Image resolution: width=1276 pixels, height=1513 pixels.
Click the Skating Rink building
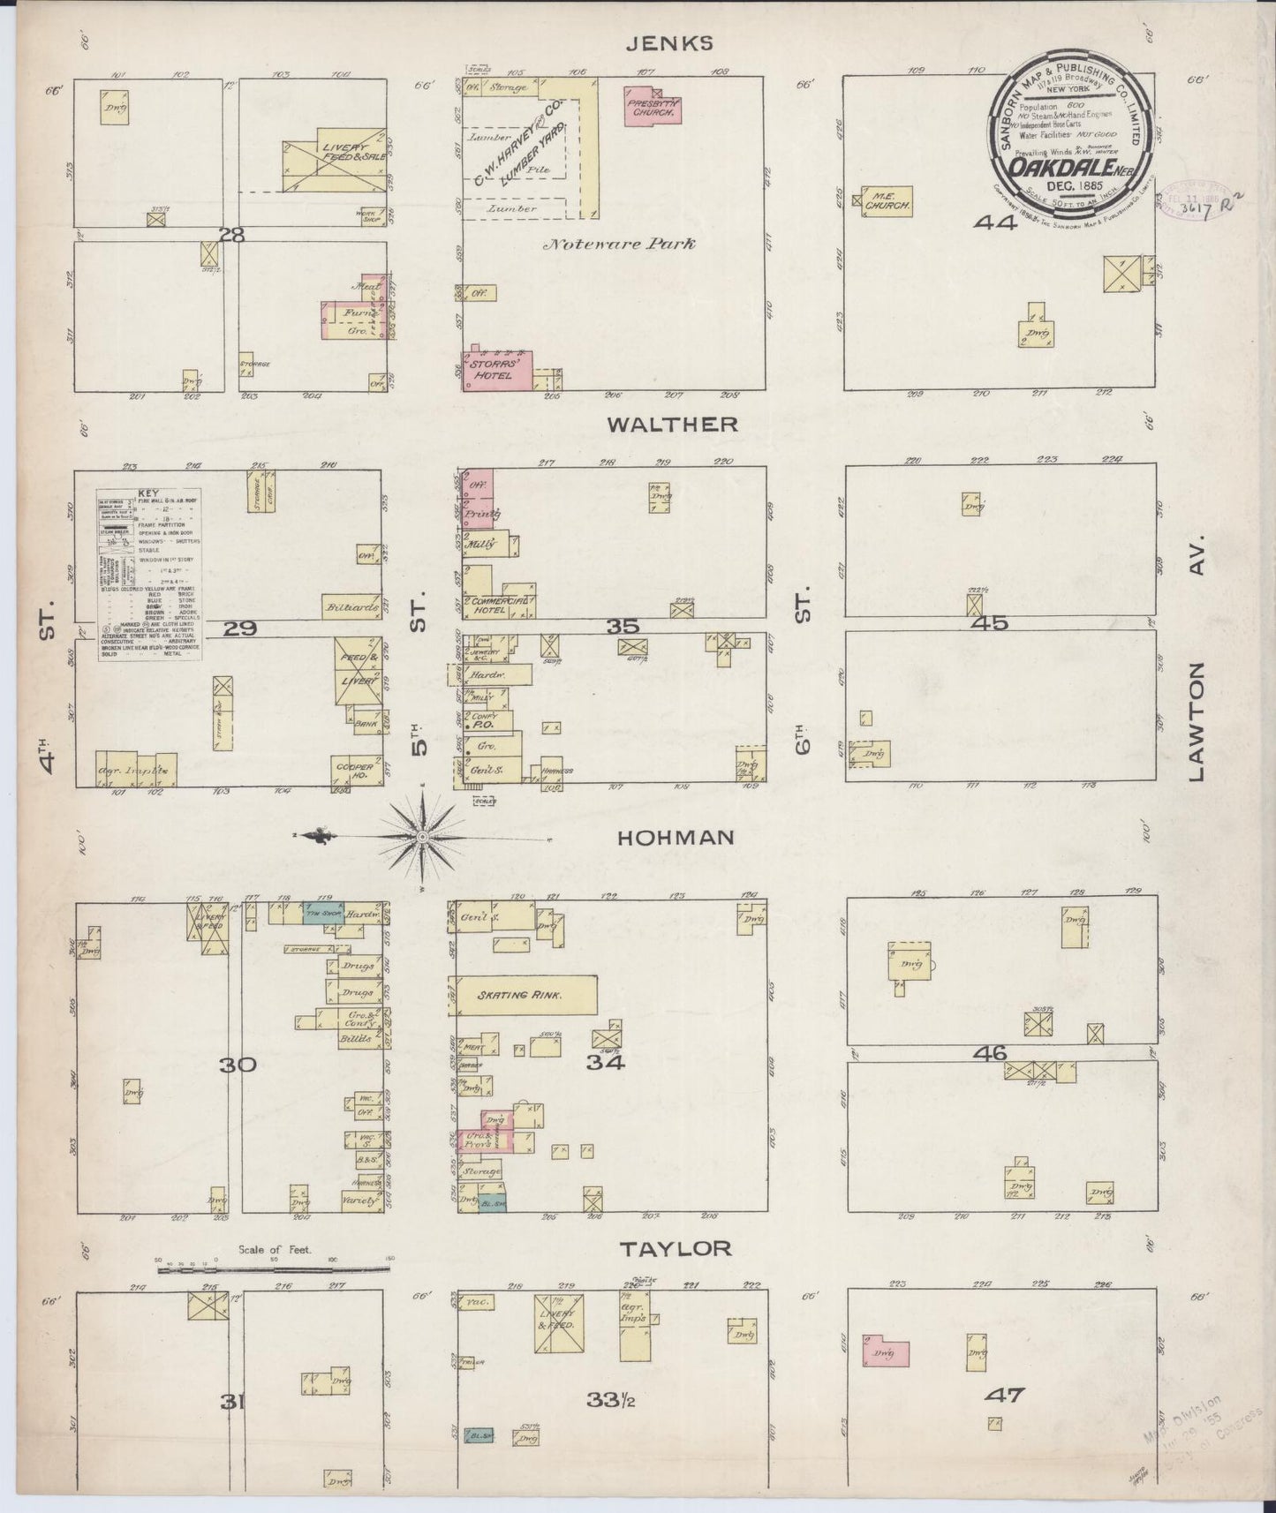[526, 995]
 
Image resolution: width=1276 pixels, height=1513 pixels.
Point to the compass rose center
[424, 835]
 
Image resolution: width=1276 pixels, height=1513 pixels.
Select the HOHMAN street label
[676, 837]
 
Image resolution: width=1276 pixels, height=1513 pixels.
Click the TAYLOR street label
[676, 1248]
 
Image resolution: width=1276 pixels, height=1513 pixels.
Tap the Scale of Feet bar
[274, 1269]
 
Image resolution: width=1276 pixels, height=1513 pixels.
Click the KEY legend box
[148, 576]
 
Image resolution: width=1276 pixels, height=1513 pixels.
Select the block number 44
[995, 223]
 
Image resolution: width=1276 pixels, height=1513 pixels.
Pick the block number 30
[238, 1065]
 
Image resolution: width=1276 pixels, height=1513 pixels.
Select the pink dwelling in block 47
[886, 1351]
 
